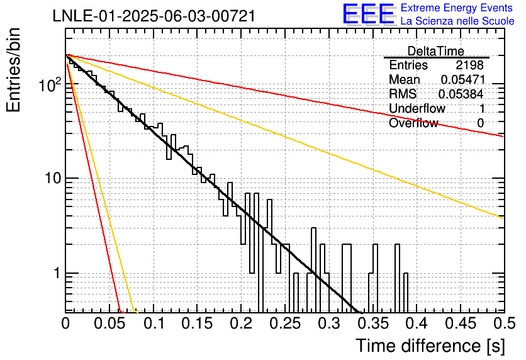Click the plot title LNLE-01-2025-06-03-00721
(154, 16)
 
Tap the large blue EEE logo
(368, 14)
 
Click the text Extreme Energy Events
(457, 8)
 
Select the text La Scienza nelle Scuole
(457, 21)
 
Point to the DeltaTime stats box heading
(436, 51)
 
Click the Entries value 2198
(469, 65)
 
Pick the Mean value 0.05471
(463, 79)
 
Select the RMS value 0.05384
(461, 94)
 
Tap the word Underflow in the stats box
(417, 108)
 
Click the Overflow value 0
(480, 123)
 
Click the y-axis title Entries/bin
(13, 70)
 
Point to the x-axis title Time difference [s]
(430, 346)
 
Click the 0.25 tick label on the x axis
(285, 323)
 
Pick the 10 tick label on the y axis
(53, 178)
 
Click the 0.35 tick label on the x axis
(373, 323)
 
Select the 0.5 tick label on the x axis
(504, 323)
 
